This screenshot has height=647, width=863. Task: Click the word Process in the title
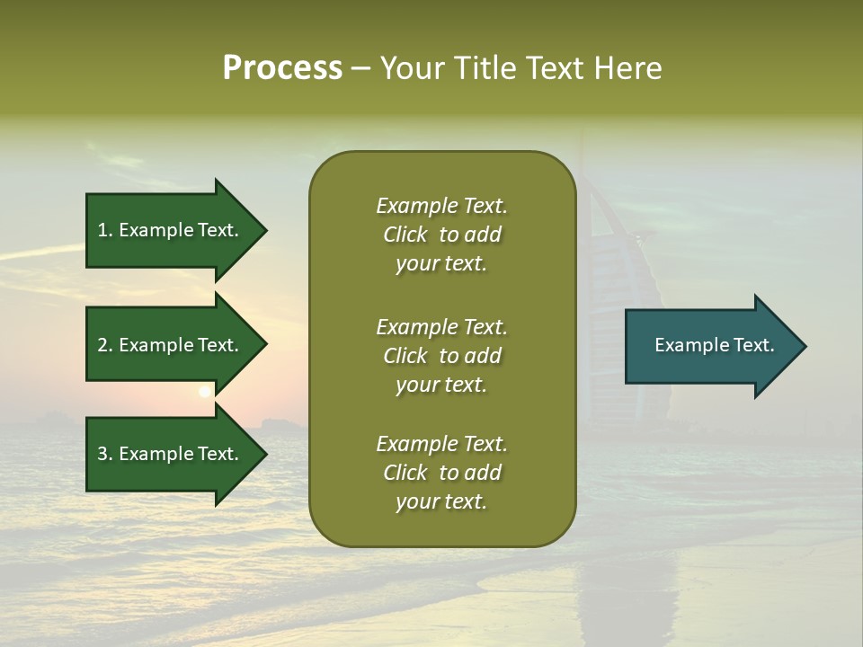click(282, 67)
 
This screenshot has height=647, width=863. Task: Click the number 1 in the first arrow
click(102, 230)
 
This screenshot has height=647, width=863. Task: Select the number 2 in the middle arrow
click(102, 345)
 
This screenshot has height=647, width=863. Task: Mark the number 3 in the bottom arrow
click(102, 454)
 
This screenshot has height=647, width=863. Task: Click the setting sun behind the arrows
click(205, 391)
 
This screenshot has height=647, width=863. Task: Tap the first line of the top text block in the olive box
click(441, 206)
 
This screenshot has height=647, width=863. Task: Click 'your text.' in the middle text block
click(441, 385)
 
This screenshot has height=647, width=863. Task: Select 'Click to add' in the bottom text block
click(441, 473)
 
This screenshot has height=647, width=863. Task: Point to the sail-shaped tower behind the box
click(620, 225)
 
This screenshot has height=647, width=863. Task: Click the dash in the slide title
click(360, 69)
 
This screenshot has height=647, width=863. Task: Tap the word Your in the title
click(412, 67)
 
